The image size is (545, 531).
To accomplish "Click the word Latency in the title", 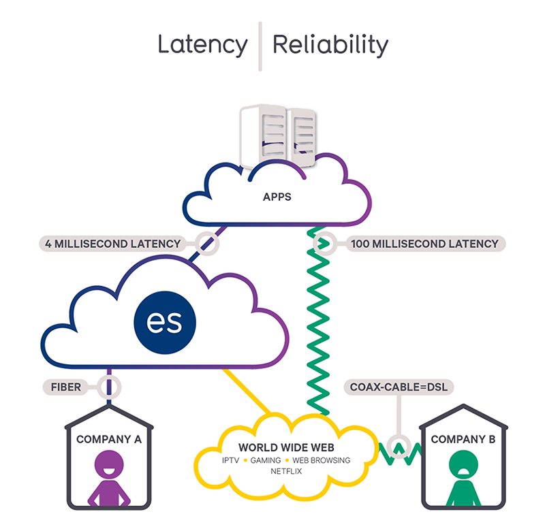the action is coord(202,45).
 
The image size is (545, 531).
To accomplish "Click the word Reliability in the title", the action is coord(330,45).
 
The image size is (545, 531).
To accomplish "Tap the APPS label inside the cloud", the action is coord(277,197).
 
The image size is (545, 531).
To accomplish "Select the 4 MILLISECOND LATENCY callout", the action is coord(112,244).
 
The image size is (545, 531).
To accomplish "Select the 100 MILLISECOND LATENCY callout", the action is coord(424,244).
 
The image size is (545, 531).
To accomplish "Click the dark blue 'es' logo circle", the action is coord(165,323).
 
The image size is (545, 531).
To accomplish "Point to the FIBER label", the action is coord(65,387).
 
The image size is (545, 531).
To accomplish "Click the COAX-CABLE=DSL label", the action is coord(399,387).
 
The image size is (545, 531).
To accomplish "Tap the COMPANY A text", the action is coord(109,439).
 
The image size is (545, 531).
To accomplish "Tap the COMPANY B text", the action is coord(463,439).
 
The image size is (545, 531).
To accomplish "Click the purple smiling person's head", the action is coord(109,465).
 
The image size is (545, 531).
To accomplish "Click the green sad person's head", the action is coord(463,465).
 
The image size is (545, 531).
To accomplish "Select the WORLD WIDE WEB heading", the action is coord(286,447).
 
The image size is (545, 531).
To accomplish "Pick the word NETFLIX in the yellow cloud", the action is coord(286,471).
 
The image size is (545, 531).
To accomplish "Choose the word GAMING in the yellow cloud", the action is coord(266,460).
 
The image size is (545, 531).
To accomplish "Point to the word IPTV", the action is coord(230,460).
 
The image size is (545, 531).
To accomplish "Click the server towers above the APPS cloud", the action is coord(277,135).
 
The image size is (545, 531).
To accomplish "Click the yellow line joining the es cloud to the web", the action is coord(247,391).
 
